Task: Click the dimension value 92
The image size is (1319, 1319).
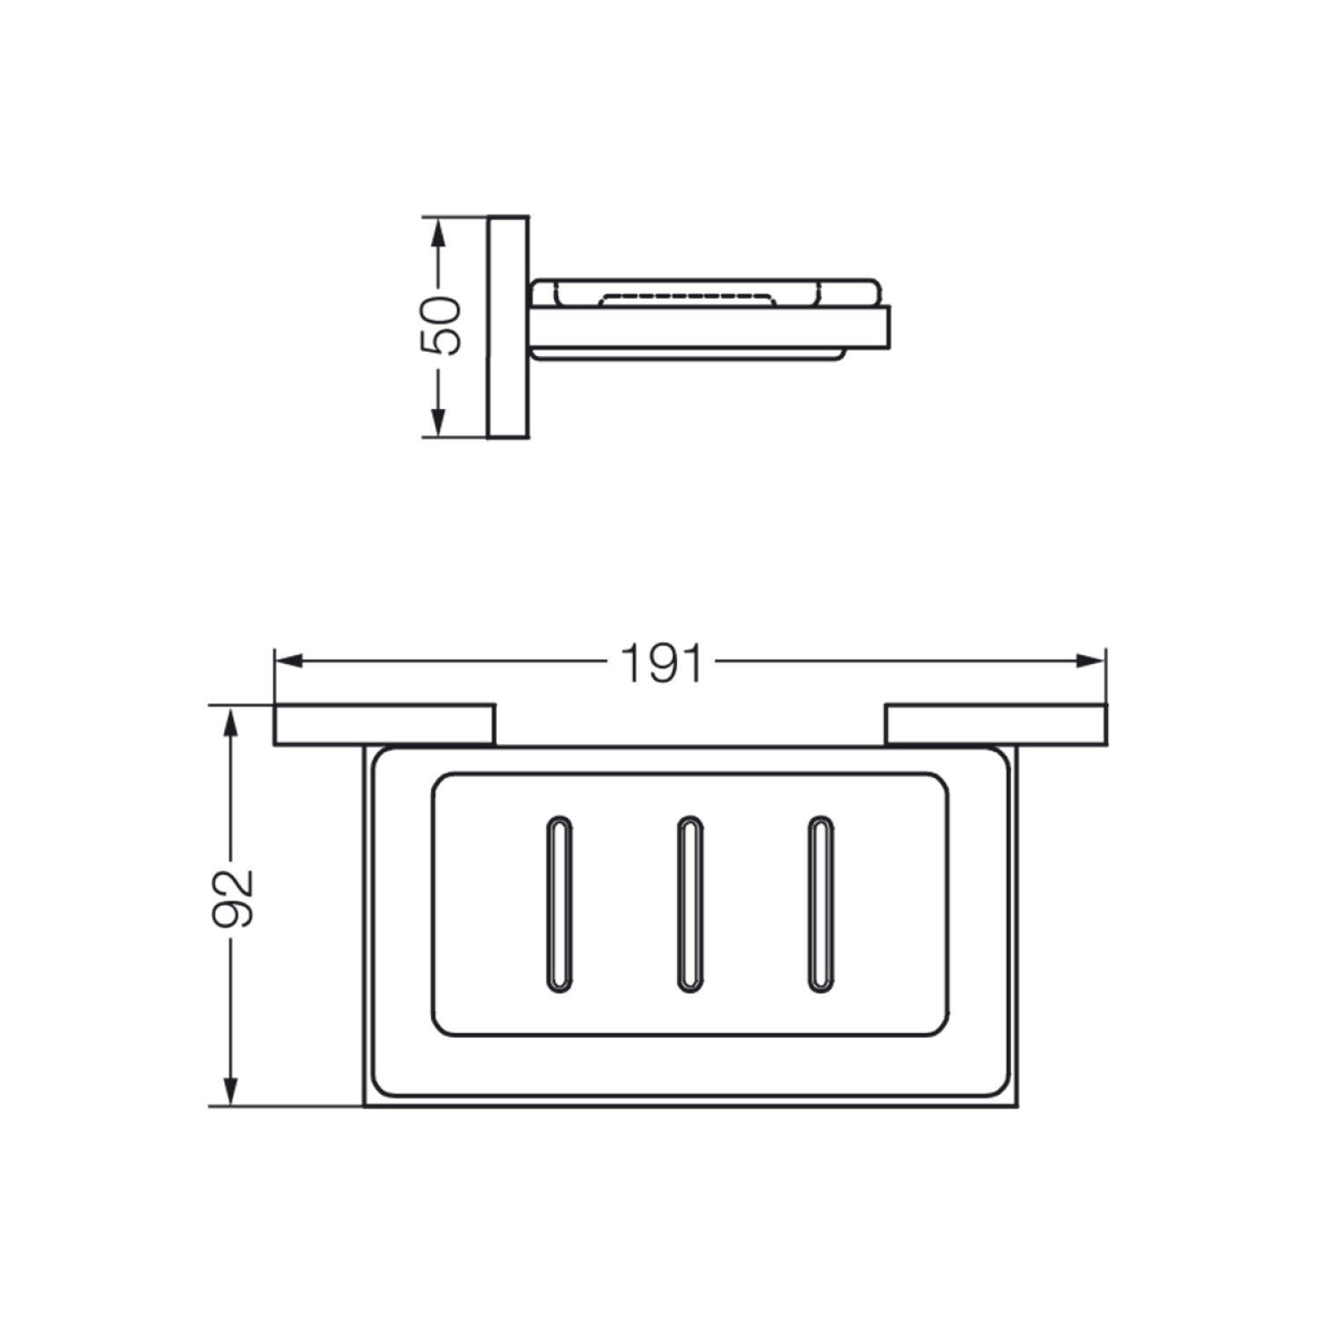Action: click(234, 898)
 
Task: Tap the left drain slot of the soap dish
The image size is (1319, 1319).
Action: click(558, 905)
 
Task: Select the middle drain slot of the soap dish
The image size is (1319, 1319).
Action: click(689, 905)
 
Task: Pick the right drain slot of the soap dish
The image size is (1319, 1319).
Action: click(820, 905)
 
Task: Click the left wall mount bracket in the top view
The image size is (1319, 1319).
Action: click(385, 724)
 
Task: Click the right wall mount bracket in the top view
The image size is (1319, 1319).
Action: click(996, 724)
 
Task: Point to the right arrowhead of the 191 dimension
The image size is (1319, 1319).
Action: click(1091, 660)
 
